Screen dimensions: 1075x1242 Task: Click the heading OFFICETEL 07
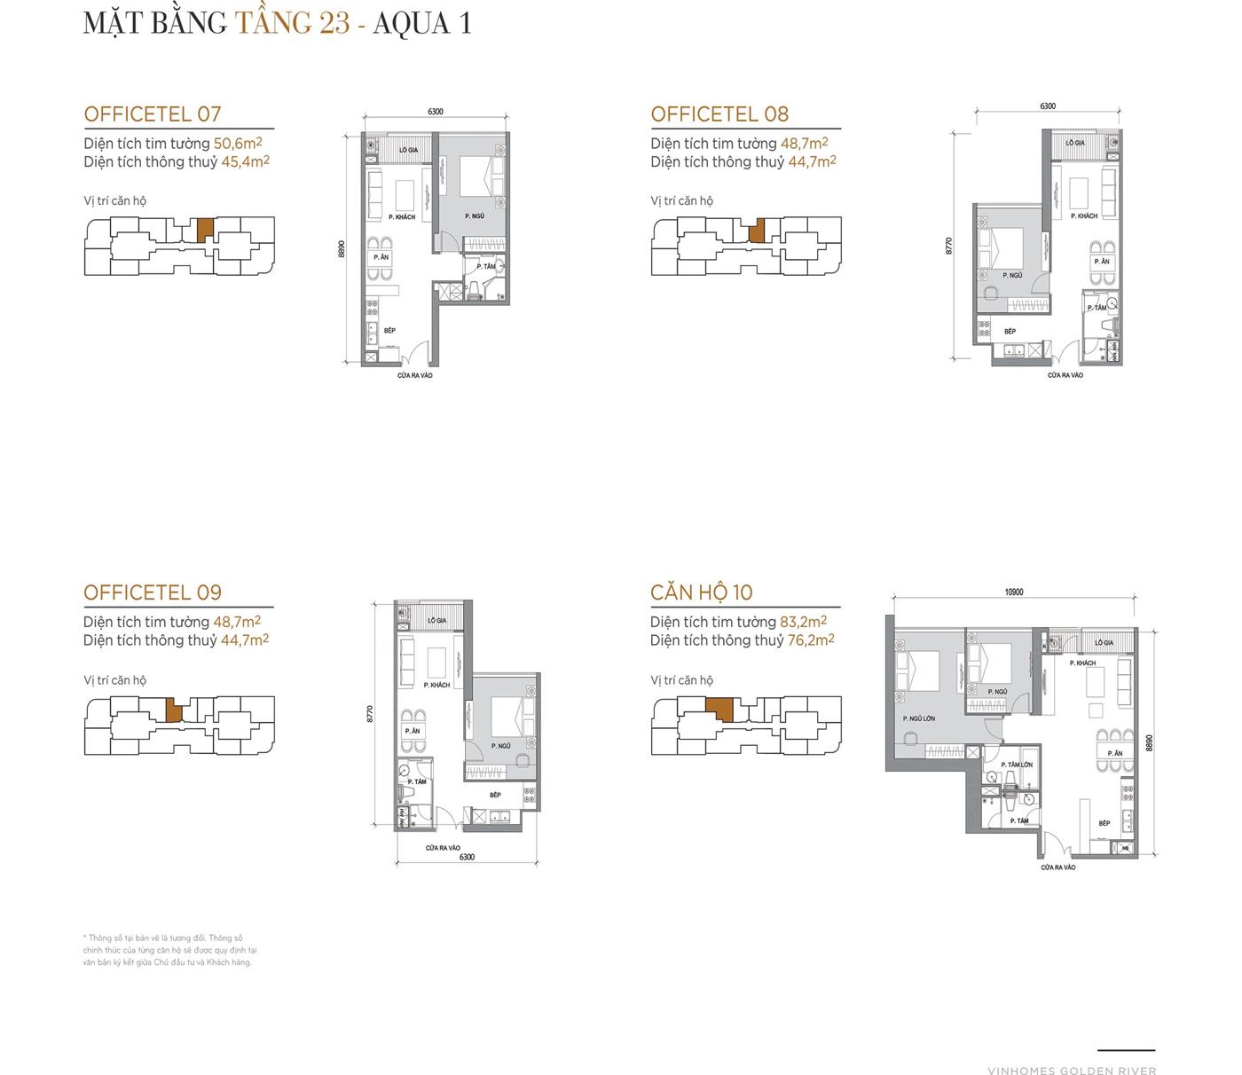click(x=152, y=114)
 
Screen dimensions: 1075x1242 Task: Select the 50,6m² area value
click(x=238, y=143)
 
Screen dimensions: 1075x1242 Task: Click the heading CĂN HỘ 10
click(x=701, y=592)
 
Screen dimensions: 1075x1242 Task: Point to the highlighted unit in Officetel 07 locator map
click(x=205, y=230)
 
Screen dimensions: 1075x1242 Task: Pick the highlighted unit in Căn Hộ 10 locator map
click(x=719, y=710)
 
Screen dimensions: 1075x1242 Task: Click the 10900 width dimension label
click(x=1013, y=592)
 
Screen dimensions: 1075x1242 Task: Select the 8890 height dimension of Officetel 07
click(x=341, y=249)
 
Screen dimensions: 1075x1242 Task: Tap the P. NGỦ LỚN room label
click(x=918, y=718)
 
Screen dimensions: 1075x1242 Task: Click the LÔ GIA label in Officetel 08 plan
click(x=1074, y=143)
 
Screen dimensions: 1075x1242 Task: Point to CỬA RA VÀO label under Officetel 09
click(x=442, y=848)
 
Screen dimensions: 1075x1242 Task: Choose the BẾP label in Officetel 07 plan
click(x=389, y=330)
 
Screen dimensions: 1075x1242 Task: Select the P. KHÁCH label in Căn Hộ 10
click(x=1082, y=663)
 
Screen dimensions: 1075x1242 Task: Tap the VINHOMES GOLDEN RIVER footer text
click(x=1071, y=1071)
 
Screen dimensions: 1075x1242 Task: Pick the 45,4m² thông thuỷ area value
click(x=245, y=161)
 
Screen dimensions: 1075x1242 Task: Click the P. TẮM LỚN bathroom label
click(x=1017, y=765)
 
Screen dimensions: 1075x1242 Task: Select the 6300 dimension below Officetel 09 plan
click(x=467, y=857)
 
